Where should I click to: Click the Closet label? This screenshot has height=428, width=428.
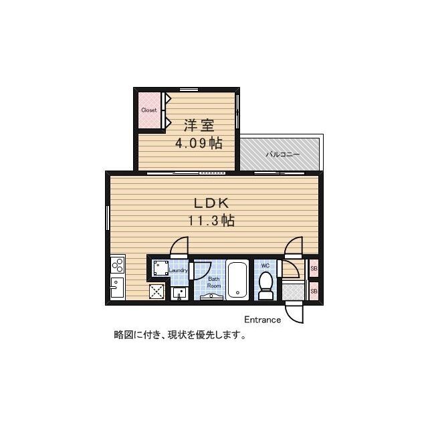pos(149,110)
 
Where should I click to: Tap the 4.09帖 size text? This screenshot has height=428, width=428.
pos(199,143)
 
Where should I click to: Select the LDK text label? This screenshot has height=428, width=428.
pos(211,203)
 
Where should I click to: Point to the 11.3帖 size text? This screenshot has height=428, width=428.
pos(211,221)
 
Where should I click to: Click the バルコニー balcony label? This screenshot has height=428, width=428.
pos(283,154)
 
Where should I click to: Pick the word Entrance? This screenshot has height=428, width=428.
pos(262,320)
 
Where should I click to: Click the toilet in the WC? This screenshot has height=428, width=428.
pos(265,286)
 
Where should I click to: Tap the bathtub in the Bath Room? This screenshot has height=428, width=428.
pos(237,280)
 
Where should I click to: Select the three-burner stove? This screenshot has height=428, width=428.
pos(118,264)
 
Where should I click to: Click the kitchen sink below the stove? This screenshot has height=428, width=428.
pos(118,288)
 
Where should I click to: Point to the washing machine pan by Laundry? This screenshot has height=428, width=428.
pos(160,267)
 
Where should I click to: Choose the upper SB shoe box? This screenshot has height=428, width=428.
pos(314,268)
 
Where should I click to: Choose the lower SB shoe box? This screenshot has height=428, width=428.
pos(314,292)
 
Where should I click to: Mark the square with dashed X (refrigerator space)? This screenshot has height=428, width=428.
pos(157,292)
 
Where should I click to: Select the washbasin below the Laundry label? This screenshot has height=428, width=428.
pos(179,294)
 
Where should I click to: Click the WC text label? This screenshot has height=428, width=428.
pos(265,265)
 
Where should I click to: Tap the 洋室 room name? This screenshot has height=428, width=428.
pos(199,126)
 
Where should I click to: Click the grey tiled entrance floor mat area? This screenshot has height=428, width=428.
pos(294,292)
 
